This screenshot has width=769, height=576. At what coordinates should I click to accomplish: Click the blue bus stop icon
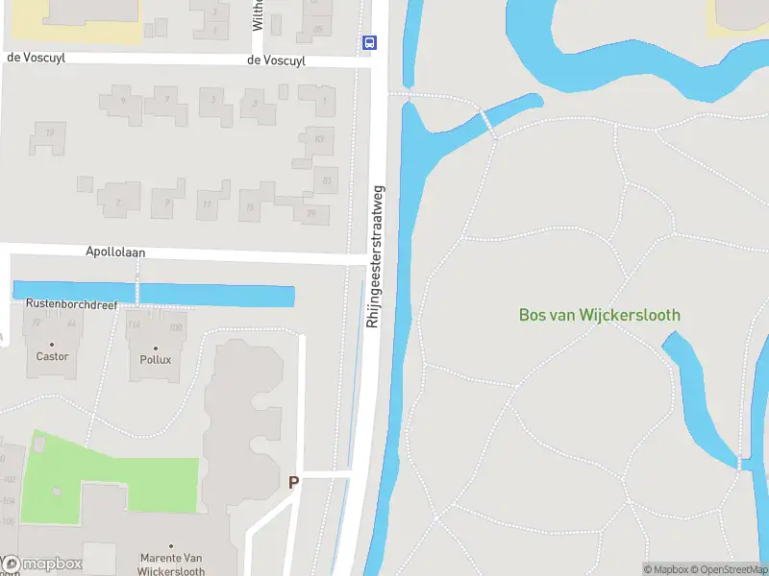[x=369, y=42]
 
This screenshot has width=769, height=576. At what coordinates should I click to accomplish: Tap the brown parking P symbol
[x=293, y=482]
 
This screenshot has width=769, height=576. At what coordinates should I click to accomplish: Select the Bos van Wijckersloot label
[x=599, y=314]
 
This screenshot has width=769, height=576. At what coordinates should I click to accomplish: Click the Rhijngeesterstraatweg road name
[x=376, y=256]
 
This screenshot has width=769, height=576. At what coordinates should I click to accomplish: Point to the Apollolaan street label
[x=113, y=252]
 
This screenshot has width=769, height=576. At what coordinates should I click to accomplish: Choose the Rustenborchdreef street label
[x=73, y=303]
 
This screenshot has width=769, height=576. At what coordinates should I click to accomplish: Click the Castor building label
[x=52, y=356]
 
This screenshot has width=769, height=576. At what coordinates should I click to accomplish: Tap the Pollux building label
[x=155, y=359]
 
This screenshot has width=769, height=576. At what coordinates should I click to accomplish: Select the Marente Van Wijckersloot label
[x=173, y=564]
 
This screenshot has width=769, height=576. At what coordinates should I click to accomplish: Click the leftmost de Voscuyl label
[x=36, y=58]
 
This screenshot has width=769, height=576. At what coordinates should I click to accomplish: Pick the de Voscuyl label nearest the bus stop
[x=276, y=60]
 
